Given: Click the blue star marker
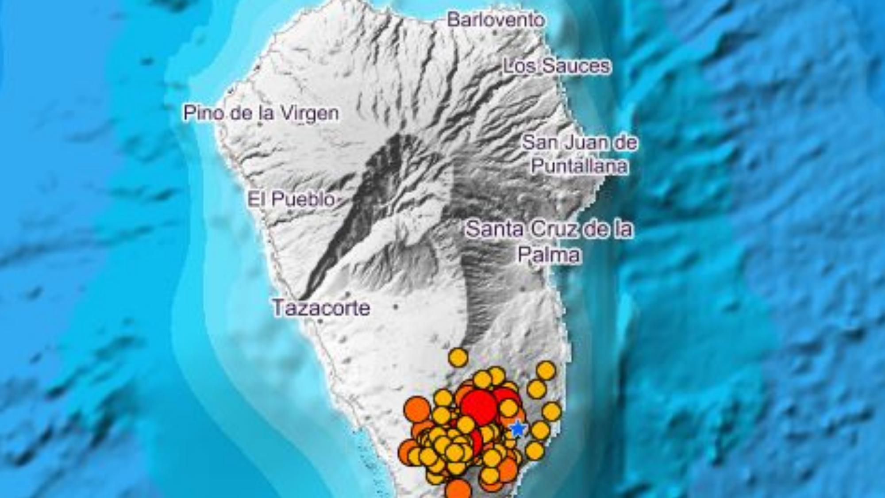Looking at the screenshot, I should pyautogui.click(x=517, y=429).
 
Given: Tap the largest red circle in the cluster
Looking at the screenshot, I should pyautogui.click(x=479, y=407).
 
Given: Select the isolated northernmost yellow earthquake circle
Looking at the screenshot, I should pyautogui.click(x=458, y=357).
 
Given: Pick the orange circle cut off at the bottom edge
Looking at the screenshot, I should pyautogui.click(x=458, y=490).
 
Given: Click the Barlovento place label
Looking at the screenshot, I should pyautogui.click(x=496, y=20).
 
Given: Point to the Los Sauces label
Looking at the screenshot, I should pyautogui.click(x=557, y=66).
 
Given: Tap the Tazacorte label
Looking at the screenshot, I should pyautogui.click(x=321, y=308).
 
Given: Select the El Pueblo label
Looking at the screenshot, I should pyautogui.click(x=291, y=199).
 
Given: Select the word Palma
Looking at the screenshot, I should pyautogui.click(x=549, y=255).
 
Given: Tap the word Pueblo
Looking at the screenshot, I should pyautogui.click(x=303, y=199).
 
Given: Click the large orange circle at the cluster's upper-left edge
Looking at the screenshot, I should pyautogui.click(x=417, y=409).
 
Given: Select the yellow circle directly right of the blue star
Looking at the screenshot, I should pyautogui.click(x=540, y=430).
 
